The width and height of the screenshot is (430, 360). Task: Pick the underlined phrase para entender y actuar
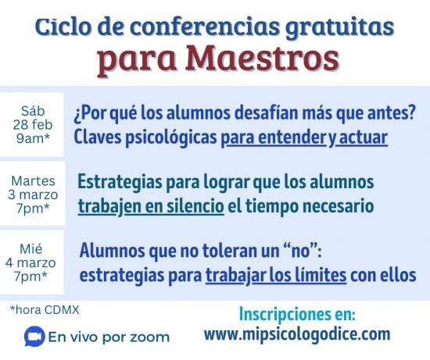coord(305,137)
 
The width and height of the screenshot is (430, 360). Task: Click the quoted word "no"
coord(301,251)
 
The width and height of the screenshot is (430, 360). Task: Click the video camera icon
coord(34,337)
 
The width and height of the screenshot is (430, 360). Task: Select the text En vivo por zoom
coord(109,337)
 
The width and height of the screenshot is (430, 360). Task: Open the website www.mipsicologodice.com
coord(296,335)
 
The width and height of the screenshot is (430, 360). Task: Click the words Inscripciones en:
coord(297,315)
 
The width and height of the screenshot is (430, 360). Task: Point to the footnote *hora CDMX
coord(45,310)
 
